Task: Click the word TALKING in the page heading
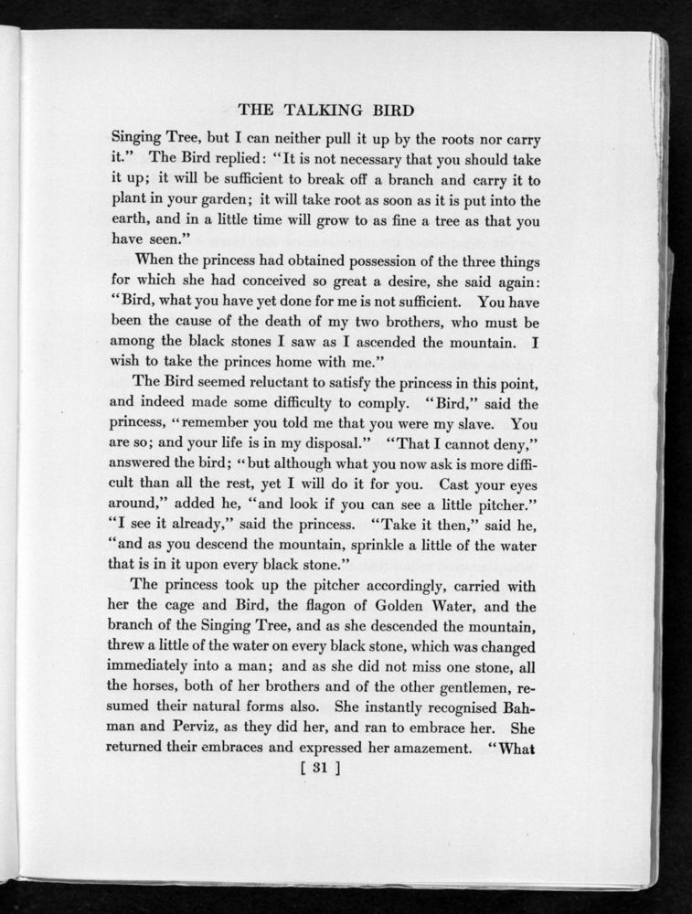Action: (325, 111)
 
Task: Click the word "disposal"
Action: (325, 444)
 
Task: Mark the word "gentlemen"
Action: (473, 687)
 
